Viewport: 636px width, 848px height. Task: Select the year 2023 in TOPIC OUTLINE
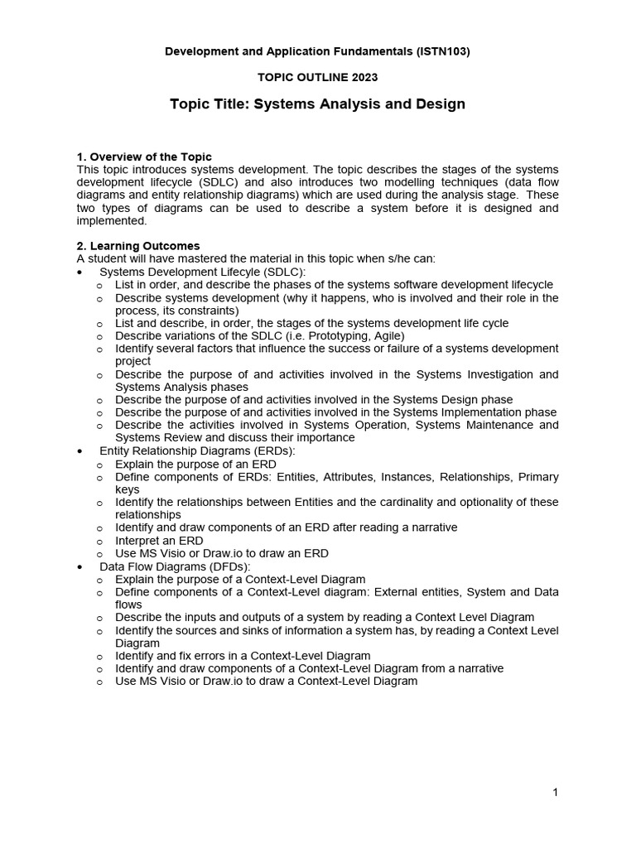(x=364, y=77)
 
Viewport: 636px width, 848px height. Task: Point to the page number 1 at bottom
(x=555, y=793)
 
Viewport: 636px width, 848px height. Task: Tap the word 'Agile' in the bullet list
(x=386, y=335)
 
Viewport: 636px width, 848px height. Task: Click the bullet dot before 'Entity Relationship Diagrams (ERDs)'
(x=79, y=451)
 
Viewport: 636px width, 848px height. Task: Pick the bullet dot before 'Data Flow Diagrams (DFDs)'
(x=79, y=566)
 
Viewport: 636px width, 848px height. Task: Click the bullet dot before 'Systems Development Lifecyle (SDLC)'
(x=79, y=272)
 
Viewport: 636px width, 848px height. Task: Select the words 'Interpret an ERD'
(x=160, y=540)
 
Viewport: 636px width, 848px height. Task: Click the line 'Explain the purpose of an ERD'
(x=195, y=464)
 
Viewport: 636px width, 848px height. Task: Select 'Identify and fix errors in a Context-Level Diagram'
(x=243, y=656)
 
